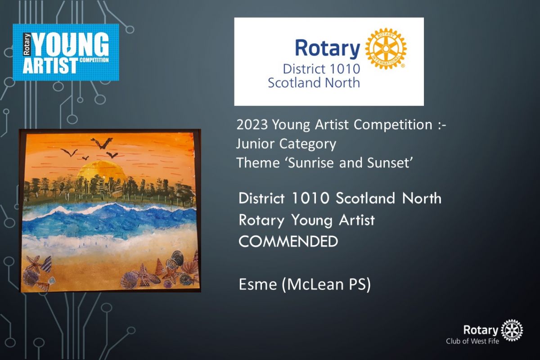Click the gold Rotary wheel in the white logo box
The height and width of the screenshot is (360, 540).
[386, 49]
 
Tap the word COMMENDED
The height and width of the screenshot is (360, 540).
[288, 241]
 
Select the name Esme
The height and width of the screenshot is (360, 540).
[258, 284]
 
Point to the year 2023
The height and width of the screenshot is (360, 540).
[252, 125]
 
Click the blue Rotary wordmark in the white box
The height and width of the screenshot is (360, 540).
[327, 49]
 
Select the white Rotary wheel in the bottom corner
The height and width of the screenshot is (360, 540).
[512, 331]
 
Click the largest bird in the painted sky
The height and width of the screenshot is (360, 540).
[102, 143]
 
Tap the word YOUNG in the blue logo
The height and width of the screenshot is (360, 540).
[71, 45]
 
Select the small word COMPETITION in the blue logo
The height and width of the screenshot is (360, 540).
[94, 60]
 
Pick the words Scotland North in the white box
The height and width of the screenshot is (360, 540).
[314, 83]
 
